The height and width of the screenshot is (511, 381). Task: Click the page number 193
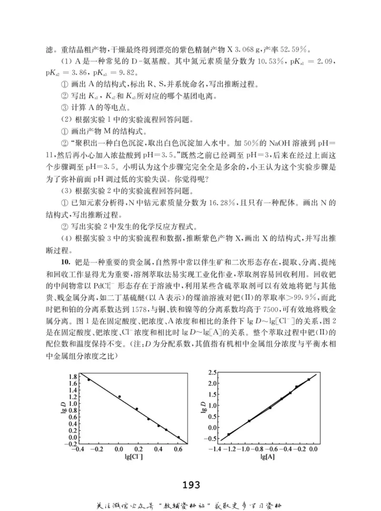pyautogui.click(x=190, y=485)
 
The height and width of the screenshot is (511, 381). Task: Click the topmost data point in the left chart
pyautogui.click(x=89, y=380)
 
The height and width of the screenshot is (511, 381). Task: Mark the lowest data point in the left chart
pyautogui.click(x=178, y=437)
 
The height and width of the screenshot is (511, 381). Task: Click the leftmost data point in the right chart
pyautogui.click(x=229, y=434)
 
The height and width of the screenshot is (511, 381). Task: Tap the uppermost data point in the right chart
pyautogui.click(x=309, y=380)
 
